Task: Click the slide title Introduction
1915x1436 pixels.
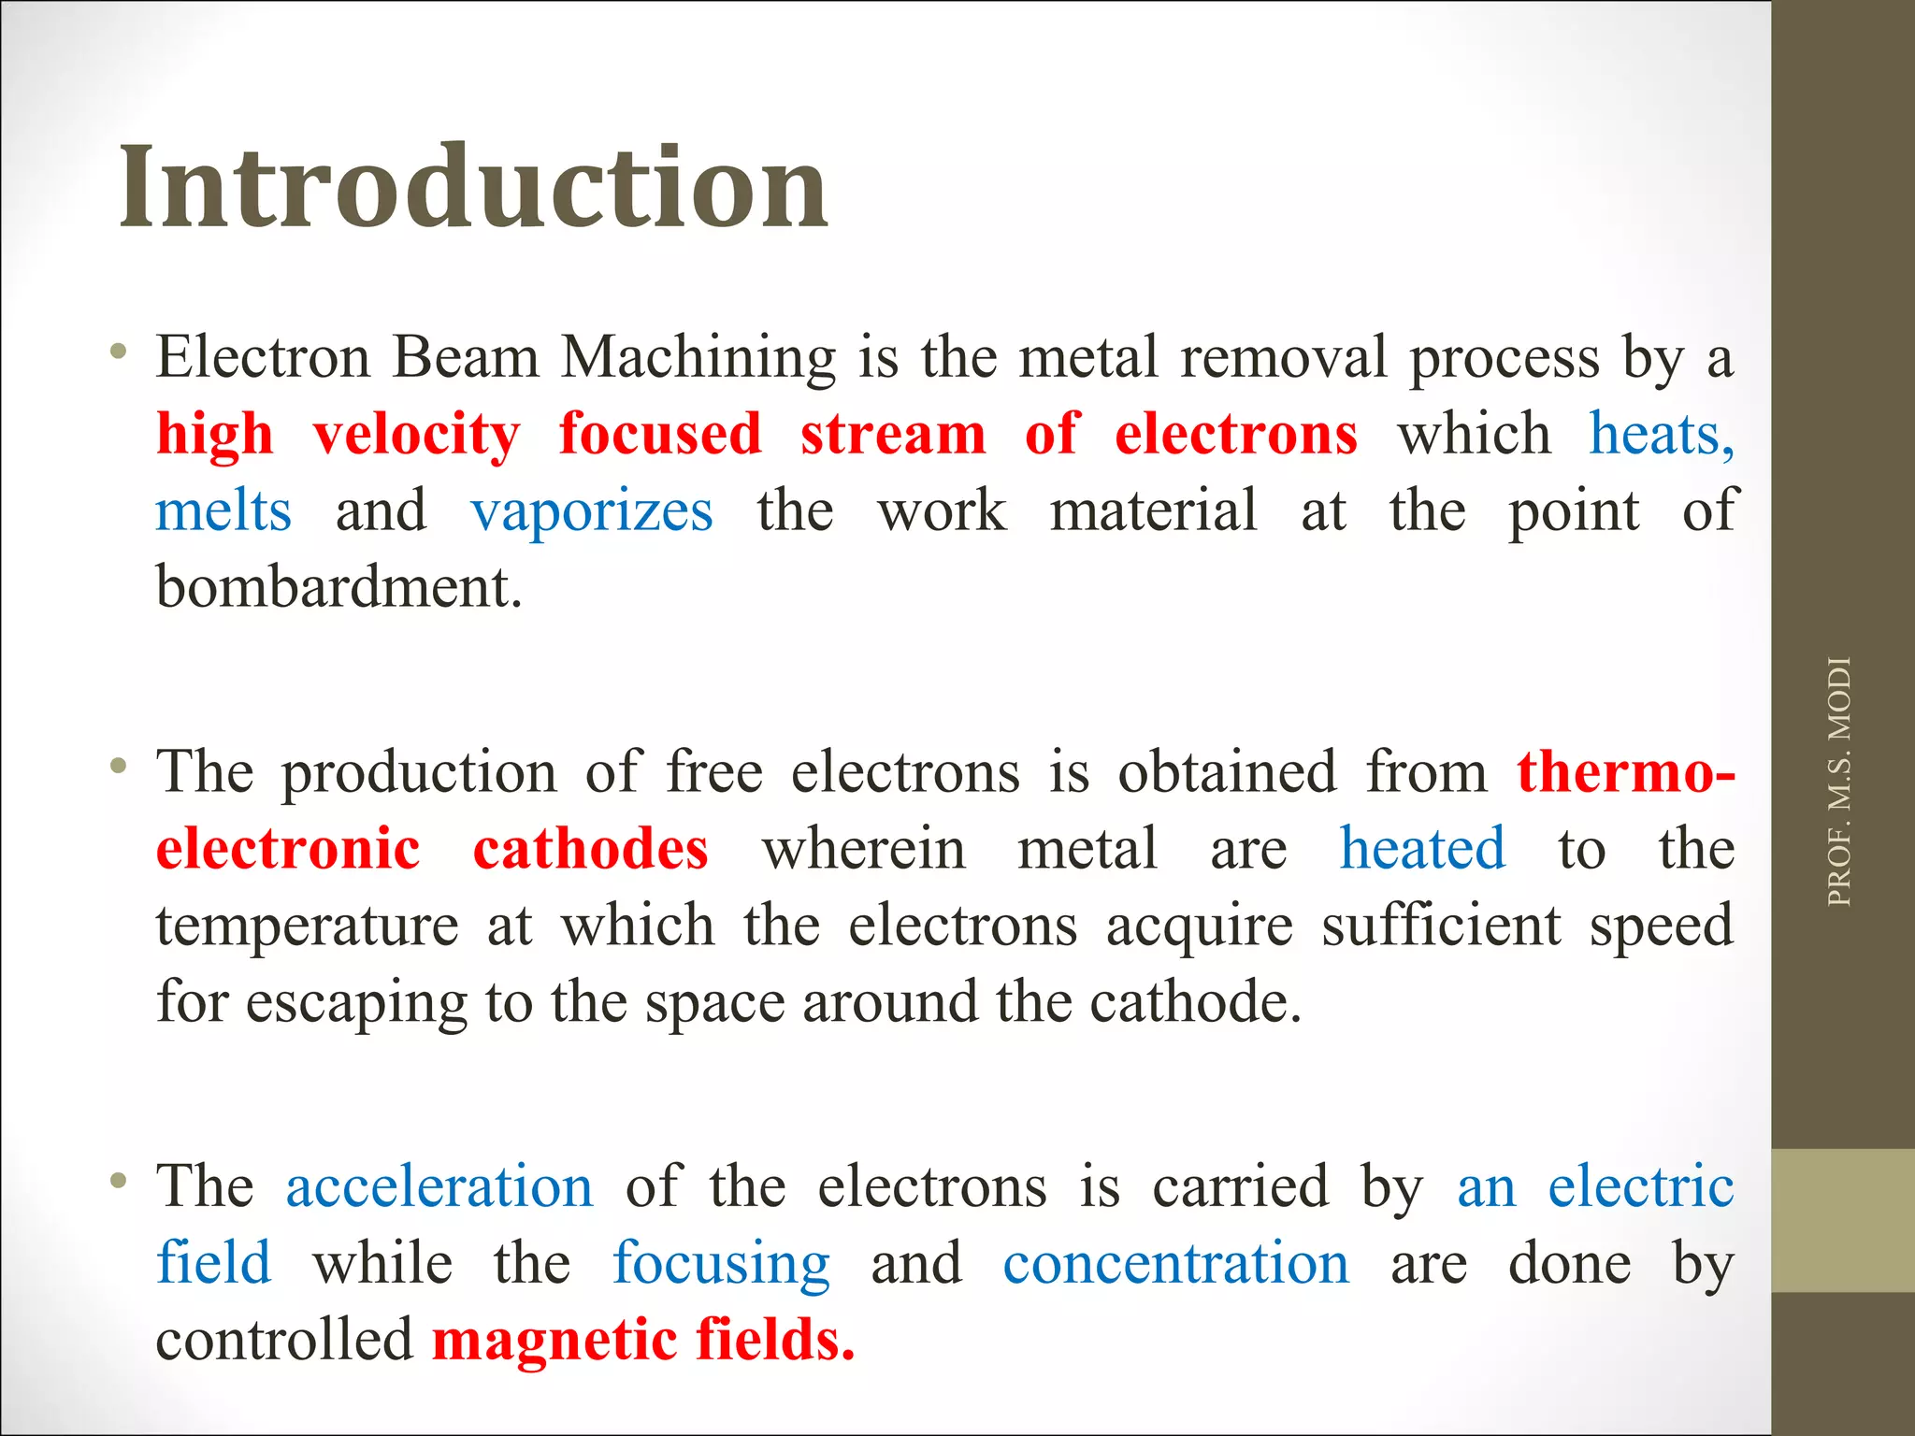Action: pos(473,187)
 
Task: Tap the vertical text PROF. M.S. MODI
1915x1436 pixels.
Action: pos(1838,782)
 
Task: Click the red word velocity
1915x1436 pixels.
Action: pos(416,435)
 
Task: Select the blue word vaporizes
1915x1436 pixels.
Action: pos(592,511)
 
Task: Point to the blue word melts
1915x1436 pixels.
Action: pos(223,511)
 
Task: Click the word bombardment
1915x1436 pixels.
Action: pos(338,588)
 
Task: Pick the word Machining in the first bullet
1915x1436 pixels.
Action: pos(698,358)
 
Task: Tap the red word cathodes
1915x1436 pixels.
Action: pos(590,850)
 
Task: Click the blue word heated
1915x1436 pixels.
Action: pos(1422,850)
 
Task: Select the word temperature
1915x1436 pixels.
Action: pos(308,926)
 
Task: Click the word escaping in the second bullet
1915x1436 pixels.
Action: pos(356,1003)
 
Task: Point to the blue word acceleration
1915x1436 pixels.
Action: pos(439,1187)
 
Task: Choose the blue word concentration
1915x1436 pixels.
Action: pos(1176,1264)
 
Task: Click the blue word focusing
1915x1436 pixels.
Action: pos(721,1264)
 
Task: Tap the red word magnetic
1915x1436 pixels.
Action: pos(554,1341)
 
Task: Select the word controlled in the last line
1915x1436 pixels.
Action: pos(284,1341)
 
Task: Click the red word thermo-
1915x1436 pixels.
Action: pos(1626,773)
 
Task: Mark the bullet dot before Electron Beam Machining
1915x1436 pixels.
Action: pos(118,352)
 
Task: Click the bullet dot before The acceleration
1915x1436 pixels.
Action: pos(118,1182)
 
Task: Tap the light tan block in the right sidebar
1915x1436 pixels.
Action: pos(1843,1220)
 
